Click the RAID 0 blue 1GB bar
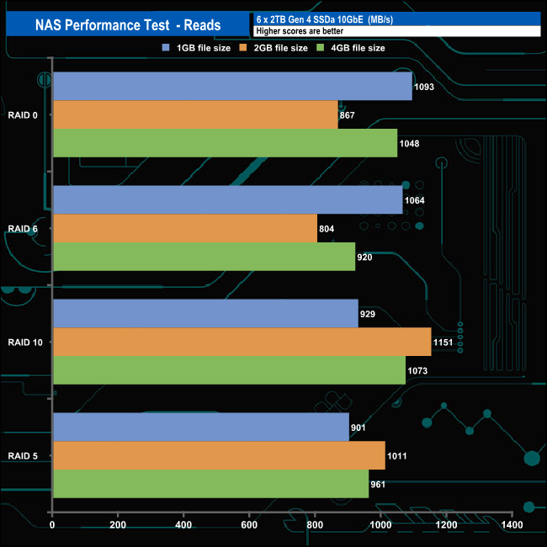(232, 87)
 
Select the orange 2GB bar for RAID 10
(242, 342)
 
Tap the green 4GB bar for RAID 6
(204, 257)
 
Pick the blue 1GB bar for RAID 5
(200, 428)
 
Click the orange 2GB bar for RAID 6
(184, 228)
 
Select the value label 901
(358, 428)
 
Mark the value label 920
(365, 257)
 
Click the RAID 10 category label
(25, 343)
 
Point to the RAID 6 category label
(23, 229)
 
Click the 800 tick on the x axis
(315, 525)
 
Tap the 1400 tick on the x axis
(511, 525)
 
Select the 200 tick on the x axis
(118, 525)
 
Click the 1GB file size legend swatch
(167, 48)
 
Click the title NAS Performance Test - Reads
(128, 25)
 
